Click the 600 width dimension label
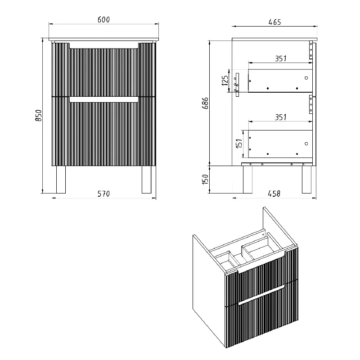coord(103,19)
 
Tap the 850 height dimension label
coord(39,116)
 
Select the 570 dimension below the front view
coord(103,194)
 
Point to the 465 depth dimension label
coord(274,22)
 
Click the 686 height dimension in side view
coord(206,103)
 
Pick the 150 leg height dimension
coord(206,179)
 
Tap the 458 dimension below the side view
coord(274,194)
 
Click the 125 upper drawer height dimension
coord(225,81)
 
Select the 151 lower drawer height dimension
coord(239,143)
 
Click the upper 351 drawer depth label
coord(281,58)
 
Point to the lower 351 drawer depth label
coord(281,117)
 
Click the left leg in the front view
coord(61,180)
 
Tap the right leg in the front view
coord(147,180)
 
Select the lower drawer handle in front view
coord(104,99)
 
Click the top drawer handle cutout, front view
coord(104,46)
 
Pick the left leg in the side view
coord(248,180)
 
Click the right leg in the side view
coord(306,180)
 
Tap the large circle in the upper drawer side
coord(306,78)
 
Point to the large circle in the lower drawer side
coord(306,144)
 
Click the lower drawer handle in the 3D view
coord(262,295)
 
